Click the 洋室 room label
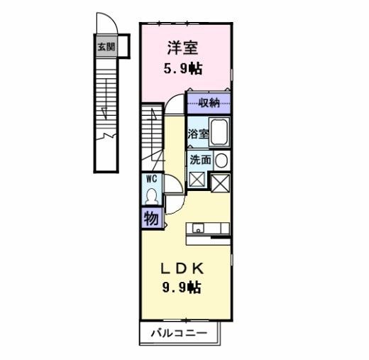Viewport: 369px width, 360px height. click(182, 48)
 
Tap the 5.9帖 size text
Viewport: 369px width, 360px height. click(182, 70)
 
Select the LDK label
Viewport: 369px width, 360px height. click(182, 268)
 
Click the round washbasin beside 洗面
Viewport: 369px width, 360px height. click(221, 160)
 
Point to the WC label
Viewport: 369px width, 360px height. click(151, 179)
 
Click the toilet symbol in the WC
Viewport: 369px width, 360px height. click(150, 195)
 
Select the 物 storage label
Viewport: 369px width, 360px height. click(151, 218)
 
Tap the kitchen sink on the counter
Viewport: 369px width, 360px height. click(198, 229)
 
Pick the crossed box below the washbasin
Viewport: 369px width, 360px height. click(221, 182)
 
